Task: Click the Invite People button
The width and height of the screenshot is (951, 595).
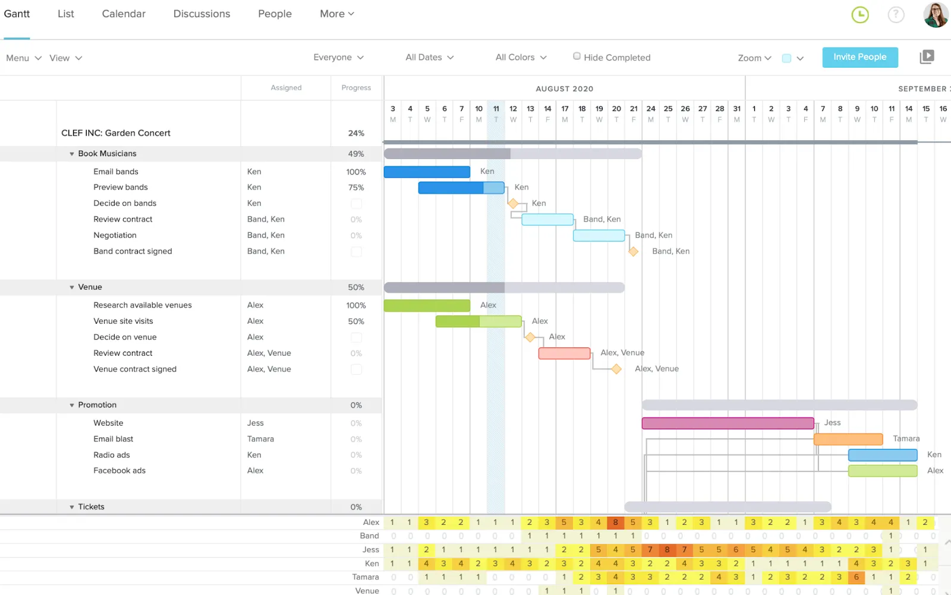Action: pyautogui.click(x=859, y=57)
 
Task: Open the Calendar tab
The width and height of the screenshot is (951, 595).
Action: pyautogui.click(x=124, y=14)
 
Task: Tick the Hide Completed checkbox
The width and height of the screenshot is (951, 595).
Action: pyautogui.click(x=577, y=56)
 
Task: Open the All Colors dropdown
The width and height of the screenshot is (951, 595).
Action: pyautogui.click(x=521, y=58)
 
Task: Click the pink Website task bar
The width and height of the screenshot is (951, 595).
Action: pyautogui.click(x=728, y=423)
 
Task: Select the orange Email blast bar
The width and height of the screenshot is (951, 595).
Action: pyautogui.click(x=848, y=439)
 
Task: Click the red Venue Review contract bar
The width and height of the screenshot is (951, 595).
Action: pyautogui.click(x=564, y=353)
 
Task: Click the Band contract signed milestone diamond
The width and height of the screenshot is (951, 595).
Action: pyautogui.click(x=634, y=252)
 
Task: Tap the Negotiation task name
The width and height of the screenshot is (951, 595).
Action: pyautogui.click(x=115, y=235)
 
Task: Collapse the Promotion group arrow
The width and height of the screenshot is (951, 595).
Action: pyautogui.click(x=72, y=406)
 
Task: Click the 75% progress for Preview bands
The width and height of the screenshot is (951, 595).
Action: pyautogui.click(x=356, y=188)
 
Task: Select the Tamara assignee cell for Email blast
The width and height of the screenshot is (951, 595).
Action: pyautogui.click(x=260, y=439)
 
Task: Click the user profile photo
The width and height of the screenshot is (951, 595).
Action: pyautogui.click(x=935, y=15)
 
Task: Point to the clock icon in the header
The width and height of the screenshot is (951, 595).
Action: pyautogui.click(x=859, y=15)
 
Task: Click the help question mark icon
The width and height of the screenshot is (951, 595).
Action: pyautogui.click(x=896, y=15)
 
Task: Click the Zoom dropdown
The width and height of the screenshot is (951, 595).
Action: pyautogui.click(x=754, y=58)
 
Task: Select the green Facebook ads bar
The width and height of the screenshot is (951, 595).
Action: pyautogui.click(x=882, y=471)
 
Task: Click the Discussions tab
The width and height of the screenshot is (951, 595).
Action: pyautogui.click(x=201, y=14)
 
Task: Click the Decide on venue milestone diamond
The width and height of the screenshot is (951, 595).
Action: pyautogui.click(x=530, y=337)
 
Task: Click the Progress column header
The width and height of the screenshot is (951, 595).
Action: pyautogui.click(x=356, y=88)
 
